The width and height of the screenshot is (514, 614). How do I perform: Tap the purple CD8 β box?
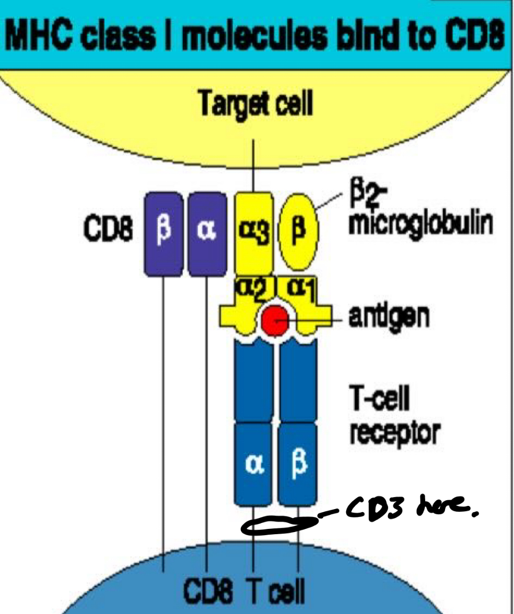pyautogui.click(x=163, y=233)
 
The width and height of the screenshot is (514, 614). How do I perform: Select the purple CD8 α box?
pyautogui.click(x=207, y=233)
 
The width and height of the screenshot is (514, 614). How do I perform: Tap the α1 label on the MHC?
pyautogui.click(x=297, y=287)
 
